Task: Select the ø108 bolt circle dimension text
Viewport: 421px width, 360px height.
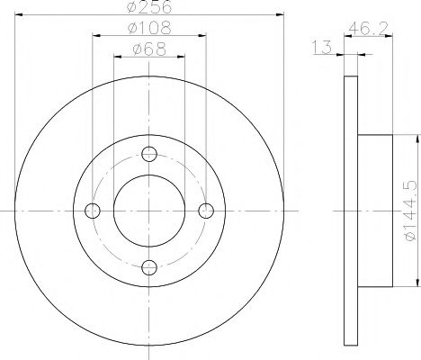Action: [149, 31]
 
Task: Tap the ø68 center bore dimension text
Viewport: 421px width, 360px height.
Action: [149, 50]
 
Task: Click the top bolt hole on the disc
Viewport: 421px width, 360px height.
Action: [149, 153]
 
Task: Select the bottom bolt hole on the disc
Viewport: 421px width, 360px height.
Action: [149, 267]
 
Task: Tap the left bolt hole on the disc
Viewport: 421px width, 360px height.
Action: [92, 211]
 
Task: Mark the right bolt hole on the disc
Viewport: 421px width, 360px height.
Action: [207, 211]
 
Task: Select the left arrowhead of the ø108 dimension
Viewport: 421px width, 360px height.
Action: [94, 38]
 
